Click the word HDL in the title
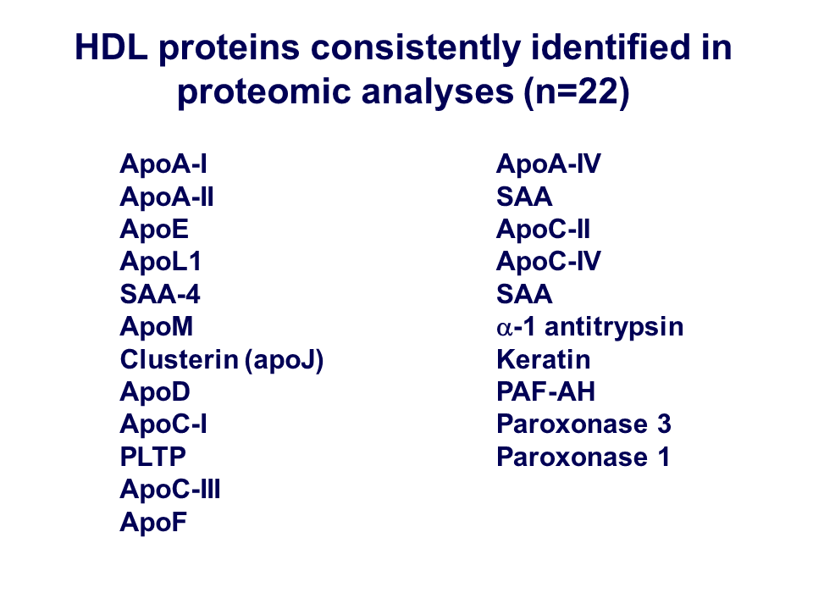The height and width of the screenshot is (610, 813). (x=112, y=47)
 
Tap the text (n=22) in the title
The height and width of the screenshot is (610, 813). (x=577, y=91)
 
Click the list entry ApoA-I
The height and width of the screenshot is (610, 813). (x=163, y=164)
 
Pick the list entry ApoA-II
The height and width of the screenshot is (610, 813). (x=167, y=197)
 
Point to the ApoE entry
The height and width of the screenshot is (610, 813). (x=154, y=230)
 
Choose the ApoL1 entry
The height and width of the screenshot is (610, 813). (x=160, y=262)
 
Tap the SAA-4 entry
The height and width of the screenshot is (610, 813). (x=160, y=294)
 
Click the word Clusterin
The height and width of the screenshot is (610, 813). (x=179, y=359)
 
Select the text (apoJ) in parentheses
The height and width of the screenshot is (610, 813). (x=285, y=361)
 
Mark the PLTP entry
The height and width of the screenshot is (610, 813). (x=153, y=457)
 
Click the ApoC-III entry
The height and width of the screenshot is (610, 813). (x=170, y=489)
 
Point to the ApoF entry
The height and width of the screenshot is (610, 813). (x=153, y=522)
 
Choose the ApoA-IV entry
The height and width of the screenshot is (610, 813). (x=549, y=164)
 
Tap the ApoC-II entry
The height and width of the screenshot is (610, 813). (x=543, y=230)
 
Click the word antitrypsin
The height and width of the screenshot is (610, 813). (x=614, y=327)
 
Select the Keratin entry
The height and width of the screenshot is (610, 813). (x=544, y=359)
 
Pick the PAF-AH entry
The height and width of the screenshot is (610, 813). (x=545, y=391)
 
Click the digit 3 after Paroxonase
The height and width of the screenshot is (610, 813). (x=664, y=424)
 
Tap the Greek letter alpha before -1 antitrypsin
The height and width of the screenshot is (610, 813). (x=504, y=329)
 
